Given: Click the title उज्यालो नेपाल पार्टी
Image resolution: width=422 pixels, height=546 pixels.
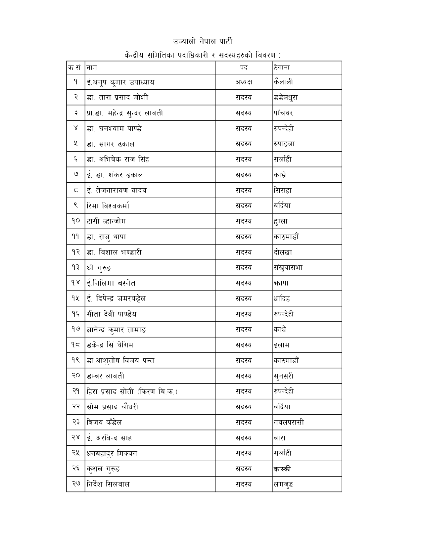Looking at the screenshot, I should click(203, 41).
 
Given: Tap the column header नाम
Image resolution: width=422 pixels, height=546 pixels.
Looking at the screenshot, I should click(92, 68).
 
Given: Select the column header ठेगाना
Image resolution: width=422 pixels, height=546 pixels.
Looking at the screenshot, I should click(282, 68).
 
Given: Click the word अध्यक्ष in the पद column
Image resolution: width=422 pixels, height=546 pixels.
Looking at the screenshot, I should click(244, 82).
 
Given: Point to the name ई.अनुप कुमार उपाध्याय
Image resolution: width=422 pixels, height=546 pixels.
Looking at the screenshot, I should click(120, 82).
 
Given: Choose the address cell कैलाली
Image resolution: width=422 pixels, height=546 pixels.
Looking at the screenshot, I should click(283, 82).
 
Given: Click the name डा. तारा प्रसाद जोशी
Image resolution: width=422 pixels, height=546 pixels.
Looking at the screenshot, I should click(117, 98).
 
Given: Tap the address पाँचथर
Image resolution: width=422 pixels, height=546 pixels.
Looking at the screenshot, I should click(283, 113).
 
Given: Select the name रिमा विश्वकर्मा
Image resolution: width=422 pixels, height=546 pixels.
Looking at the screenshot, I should click(108, 206).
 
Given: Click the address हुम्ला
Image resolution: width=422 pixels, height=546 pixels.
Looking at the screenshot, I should click(281, 221).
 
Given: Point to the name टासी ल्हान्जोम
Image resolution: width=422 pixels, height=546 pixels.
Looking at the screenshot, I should click(106, 221).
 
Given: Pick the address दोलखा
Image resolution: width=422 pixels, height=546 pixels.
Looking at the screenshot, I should click(283, 252).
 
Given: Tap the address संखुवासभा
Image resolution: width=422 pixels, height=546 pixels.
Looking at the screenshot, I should click(288, 268).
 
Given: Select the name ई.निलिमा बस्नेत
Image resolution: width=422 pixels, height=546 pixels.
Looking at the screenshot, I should click(111, 283).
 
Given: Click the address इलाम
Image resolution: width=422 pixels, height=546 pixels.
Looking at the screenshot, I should click(281, 345).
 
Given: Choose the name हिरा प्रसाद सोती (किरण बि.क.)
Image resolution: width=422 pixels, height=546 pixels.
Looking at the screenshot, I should click(132, 391).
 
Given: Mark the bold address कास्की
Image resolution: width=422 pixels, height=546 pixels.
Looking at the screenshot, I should click(282, 469).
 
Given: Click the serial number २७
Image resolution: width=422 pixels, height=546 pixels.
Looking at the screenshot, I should click(76, 484).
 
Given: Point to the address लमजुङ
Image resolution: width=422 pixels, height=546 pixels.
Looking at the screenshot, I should click(284, 484).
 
